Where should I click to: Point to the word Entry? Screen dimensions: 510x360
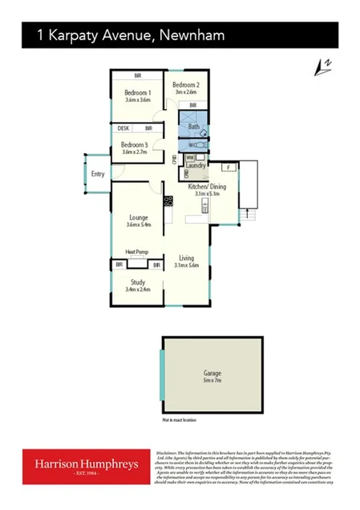click(98, 173)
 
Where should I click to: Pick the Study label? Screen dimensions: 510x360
click(138, 281)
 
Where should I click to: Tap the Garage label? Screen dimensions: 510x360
click(212, 373)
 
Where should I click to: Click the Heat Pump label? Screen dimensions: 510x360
click(137, 251)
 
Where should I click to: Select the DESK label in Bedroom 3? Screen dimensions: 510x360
click(123, 128)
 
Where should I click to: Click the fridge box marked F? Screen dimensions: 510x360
click(228, 167)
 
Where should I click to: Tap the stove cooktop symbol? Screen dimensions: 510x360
click(168, 201)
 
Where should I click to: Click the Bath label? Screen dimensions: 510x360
click(193, 127)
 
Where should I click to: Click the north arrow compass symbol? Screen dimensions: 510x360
click(322, 68)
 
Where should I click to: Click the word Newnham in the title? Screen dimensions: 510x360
click(192, 35)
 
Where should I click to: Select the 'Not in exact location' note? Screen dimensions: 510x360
click(179, 420)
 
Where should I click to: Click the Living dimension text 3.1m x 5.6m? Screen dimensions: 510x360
click(187, 266)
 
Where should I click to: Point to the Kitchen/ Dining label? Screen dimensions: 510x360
click(207, 187)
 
